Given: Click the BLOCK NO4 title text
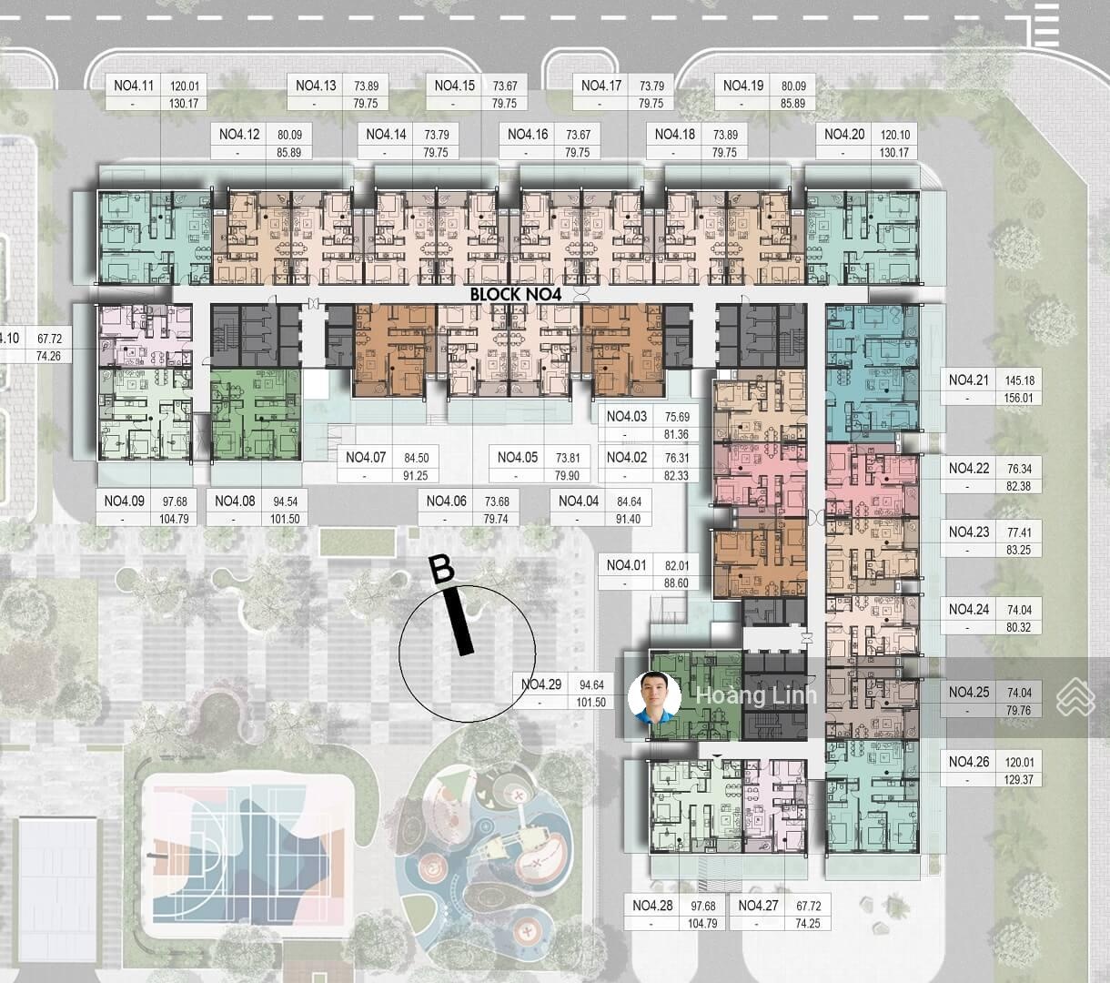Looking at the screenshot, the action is click(x=516, y=294).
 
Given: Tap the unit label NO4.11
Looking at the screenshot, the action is click(x=134, y=86).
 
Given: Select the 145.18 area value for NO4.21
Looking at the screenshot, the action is click(x=1019, y=380).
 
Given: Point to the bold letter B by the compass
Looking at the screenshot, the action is click(x=443, y=569).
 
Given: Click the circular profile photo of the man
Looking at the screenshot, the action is click(x=655, y=697).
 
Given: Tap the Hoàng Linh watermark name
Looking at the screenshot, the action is click(x=757, y=695).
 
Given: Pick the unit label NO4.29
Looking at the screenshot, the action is click(x=541, y=684).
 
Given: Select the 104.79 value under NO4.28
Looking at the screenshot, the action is click(x=702, y=924).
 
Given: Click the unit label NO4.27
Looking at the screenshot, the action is click(x=758, y=906).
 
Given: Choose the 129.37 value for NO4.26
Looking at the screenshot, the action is click(x=1019, y=780).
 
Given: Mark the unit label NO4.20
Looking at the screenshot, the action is click(x=844, y=135).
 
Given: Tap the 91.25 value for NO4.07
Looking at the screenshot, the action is click(x=415, y=476).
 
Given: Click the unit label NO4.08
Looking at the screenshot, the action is click(x=235, y=502).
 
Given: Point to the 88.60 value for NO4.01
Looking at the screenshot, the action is click(x=676, y=583).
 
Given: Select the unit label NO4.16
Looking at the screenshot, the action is click(x=528, y=135).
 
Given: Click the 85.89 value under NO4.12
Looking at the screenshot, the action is click(x=288, y=152).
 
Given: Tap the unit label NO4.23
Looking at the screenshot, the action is click(x=969, y=532).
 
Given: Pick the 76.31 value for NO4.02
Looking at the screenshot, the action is click(x=677, y=458).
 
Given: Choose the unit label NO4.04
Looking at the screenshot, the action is click(x=579, y=502).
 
